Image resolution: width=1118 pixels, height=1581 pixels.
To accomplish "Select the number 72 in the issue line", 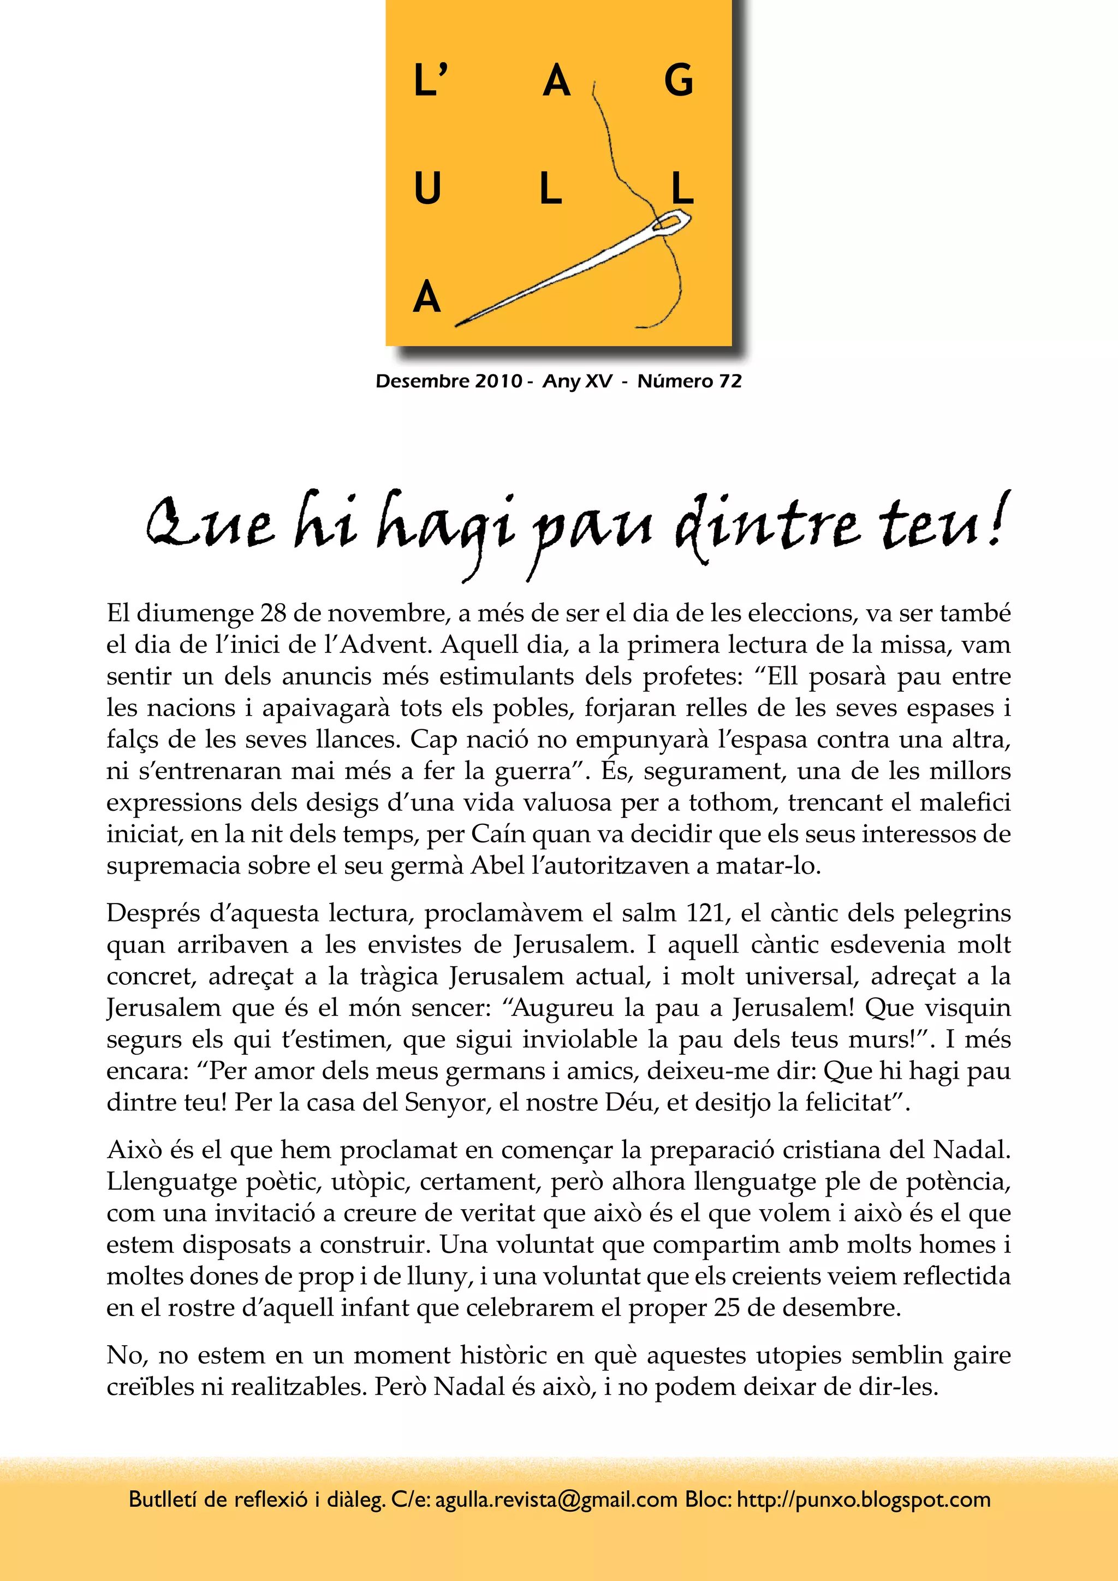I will pyautogui.click(x=730, y=382).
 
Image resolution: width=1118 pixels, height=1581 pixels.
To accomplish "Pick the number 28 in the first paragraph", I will pyautogui.click(x=274, y=613).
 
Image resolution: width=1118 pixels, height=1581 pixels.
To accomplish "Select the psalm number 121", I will pyautogui.click(x=707, y=913).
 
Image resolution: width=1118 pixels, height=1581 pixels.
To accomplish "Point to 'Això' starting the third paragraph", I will pyautogui.click(x=134, y=1150).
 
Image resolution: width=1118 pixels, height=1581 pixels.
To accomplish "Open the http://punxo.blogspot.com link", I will pyautogui.click(x=863, y=1500).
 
